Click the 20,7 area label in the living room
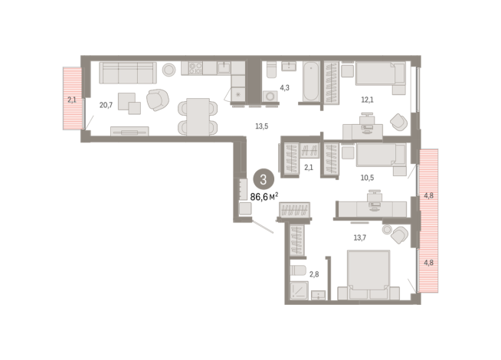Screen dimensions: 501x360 [106, 105]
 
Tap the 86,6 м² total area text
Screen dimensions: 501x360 [264, 196]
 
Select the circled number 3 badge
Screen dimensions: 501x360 [264, 180]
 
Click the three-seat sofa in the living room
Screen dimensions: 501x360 [128, 73]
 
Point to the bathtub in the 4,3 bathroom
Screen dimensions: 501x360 [311, 81]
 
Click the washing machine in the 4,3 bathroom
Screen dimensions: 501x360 [270, 97]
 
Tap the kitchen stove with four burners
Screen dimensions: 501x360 [195, 68]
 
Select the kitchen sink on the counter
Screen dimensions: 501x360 [224, 67]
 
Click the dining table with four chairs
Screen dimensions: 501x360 [198, 116]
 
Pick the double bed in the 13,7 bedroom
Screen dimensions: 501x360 [368, 275]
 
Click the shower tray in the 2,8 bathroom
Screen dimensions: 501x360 [299, 291]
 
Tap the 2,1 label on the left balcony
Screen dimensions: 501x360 [72, 100]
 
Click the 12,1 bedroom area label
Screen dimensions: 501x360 [367, 100]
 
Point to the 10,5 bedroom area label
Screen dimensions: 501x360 [367, 178]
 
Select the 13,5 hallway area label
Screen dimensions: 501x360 [262, 126]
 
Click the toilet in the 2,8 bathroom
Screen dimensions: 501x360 [298, 270]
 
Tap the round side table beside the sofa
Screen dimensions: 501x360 [169, 69]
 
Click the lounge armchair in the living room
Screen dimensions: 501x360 [158, 100]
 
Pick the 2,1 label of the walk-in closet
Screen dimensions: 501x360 [309, 167]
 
